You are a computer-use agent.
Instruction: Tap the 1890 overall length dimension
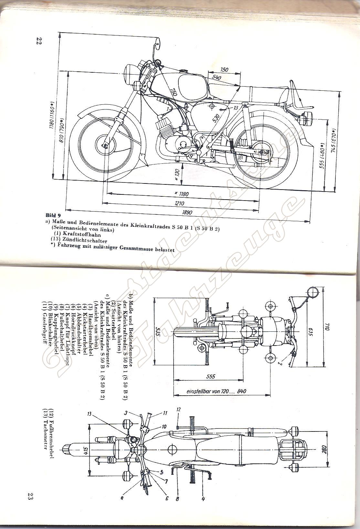pos(187,213)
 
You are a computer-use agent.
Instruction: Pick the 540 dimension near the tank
pos(217,78)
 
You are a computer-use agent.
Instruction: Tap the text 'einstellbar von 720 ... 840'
pos(216,391)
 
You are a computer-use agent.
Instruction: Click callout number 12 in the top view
pos(178,410)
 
